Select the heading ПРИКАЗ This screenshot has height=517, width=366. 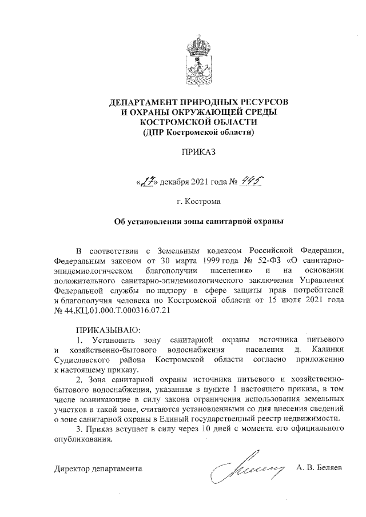pyautogui.click(x=198, y=153)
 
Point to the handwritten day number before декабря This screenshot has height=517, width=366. pyautogui.click(x=148, y=182)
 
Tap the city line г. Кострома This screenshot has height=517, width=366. pyautogui.click(x=198, y=201)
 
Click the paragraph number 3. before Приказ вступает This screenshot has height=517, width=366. pyautogui.click(x=79, y=430)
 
